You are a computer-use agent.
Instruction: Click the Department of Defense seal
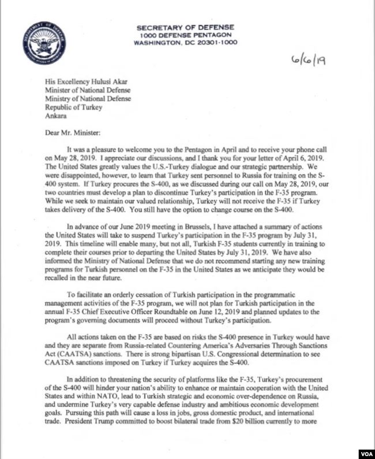click(x=44, y=43)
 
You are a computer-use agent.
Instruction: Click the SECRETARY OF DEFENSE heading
click(x=185, y=28)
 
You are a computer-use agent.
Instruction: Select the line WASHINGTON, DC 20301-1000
click(x=185, y=43)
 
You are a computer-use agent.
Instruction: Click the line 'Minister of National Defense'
click(x=88, y=90)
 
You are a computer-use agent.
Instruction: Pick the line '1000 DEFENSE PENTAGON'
click(x=185, y=35)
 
